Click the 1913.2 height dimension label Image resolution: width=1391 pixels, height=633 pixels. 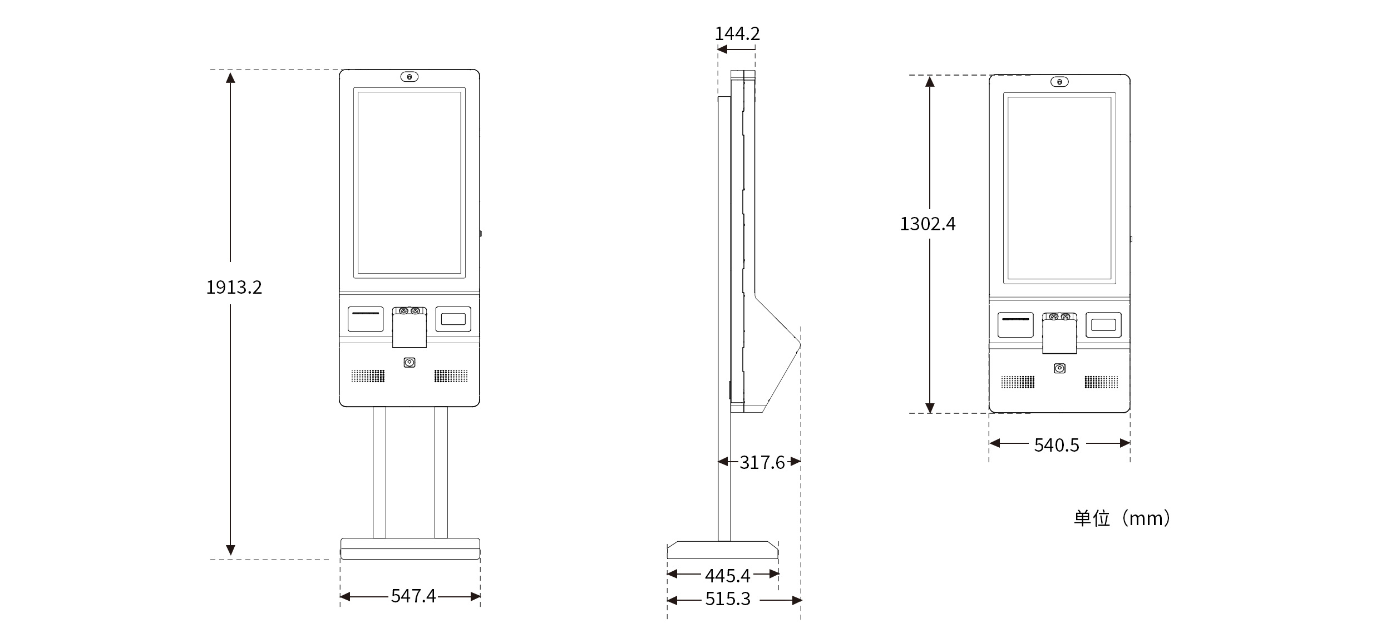(234, 287)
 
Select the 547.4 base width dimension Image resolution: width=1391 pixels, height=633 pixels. (413, 596)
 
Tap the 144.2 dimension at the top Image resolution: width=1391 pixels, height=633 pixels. (737, 33)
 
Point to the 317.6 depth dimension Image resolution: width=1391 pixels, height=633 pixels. (762, 462)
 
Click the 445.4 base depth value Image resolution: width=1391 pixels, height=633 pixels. (727, 575)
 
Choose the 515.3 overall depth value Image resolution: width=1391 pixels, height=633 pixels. (728, 599)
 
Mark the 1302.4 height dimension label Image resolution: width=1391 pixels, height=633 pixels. (928, 224)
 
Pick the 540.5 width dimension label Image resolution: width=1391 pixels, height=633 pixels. (1057, 445)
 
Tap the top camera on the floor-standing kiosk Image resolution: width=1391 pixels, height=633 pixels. (410, 77)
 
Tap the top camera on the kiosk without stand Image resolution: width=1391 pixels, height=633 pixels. (1059, 82)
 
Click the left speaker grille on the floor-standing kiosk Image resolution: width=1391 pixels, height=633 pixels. (368, 376)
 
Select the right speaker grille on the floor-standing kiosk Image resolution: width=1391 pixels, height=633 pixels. (451, 376)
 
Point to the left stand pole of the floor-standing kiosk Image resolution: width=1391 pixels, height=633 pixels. (379, 473)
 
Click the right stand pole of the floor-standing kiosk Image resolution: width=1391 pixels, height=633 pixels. (441, 473)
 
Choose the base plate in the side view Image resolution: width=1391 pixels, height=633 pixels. (722, 550)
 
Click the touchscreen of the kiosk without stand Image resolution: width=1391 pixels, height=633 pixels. (1059, 188)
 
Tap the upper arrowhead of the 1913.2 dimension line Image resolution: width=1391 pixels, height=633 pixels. (230, 77)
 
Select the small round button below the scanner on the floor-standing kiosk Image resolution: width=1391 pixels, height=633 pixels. (410, 363)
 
